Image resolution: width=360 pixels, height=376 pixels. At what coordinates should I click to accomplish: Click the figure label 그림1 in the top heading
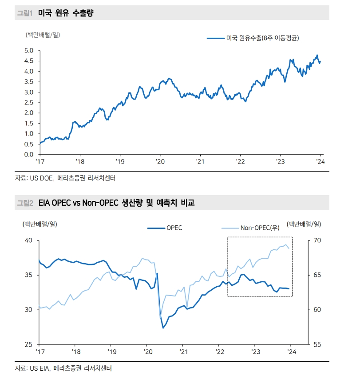click(25, 13)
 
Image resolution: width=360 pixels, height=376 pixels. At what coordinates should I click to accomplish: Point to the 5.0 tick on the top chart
click(29, 50)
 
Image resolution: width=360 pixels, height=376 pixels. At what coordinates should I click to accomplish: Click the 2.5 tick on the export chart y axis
click(29, 102)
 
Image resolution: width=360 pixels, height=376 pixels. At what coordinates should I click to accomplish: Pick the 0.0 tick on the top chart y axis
click(29, 154)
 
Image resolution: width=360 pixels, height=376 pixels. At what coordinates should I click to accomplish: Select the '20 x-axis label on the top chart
click(160, 162)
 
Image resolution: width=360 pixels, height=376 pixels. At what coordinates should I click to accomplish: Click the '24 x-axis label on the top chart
click(320, 162)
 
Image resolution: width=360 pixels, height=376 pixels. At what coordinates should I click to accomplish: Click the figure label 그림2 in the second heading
click(25, 203)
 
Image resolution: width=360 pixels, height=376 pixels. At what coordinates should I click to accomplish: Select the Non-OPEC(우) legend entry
click(260, 228)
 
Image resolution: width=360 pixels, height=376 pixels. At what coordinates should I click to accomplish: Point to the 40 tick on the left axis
click(28, 240)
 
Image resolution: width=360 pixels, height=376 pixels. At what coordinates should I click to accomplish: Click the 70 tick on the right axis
click(316, 240)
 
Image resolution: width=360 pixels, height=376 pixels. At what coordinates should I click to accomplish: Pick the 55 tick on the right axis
click(316, 344)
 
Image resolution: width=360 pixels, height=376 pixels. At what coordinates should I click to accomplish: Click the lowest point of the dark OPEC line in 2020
click(163, 328)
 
